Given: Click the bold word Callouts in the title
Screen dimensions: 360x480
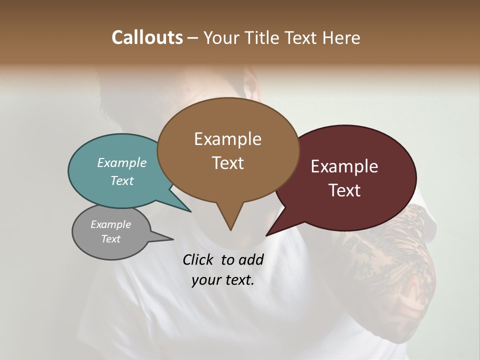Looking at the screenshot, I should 147,37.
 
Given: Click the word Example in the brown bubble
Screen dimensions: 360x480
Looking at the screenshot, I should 227,139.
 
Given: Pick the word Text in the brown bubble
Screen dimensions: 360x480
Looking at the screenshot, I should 227,163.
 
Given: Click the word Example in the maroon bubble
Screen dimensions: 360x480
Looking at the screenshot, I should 344,166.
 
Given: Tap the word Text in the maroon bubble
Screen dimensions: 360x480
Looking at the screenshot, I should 344,190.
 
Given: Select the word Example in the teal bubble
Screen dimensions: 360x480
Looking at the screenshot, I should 122,163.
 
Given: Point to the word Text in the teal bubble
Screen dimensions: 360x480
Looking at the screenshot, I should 122,181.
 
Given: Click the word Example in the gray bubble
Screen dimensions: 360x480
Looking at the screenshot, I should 110,224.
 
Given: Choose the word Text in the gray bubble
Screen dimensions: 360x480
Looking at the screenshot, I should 110,239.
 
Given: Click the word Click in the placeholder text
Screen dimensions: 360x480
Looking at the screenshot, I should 198,259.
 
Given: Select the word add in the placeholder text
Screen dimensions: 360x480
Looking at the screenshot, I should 251,259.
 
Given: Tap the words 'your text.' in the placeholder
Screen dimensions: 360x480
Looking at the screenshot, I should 223,280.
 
